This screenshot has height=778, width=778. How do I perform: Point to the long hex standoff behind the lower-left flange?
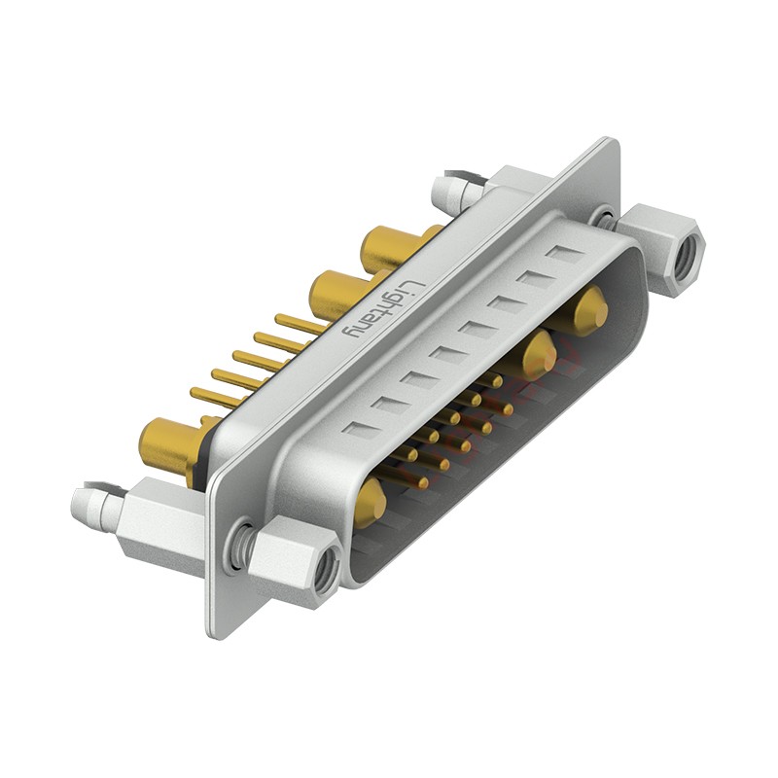point(160,525)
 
